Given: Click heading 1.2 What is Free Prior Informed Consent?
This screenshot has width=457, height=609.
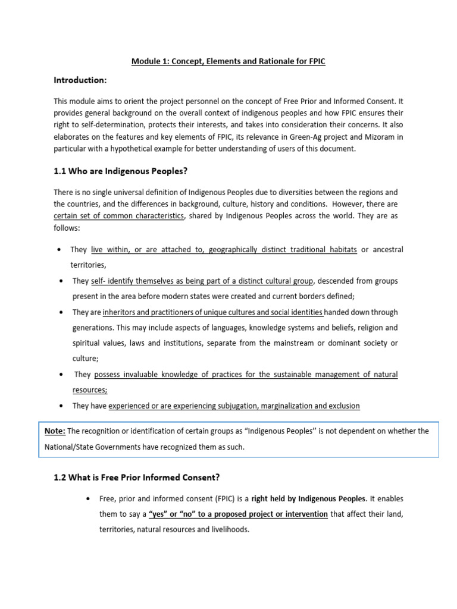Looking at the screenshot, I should [138, 476].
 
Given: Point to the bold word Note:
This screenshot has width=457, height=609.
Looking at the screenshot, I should [55, 431].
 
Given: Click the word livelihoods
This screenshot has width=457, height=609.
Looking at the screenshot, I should [228, 529].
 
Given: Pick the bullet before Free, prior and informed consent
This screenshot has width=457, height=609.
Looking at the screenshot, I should [89, 498].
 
